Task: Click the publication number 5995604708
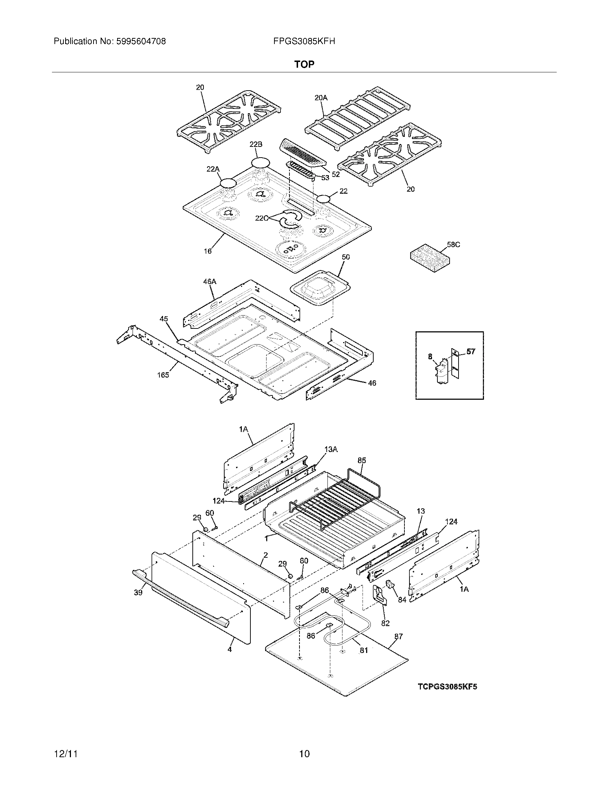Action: (141, 42)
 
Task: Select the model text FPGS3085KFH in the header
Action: (304, 42)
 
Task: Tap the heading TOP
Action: (304, 64)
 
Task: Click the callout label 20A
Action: (321, 97)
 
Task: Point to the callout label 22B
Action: (256, 144)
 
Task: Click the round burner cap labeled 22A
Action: (228, 183)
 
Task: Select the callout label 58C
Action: (454, 245)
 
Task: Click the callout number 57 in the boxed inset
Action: (471, 351)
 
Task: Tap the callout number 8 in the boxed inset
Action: (430, 356)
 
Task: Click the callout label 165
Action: (163, 375)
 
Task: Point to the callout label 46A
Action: (210, 281)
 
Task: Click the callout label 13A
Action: (331, 449)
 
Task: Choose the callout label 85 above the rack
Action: (362, 460)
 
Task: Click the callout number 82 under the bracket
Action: (385, 623)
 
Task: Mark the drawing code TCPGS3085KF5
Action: (447, 687)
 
